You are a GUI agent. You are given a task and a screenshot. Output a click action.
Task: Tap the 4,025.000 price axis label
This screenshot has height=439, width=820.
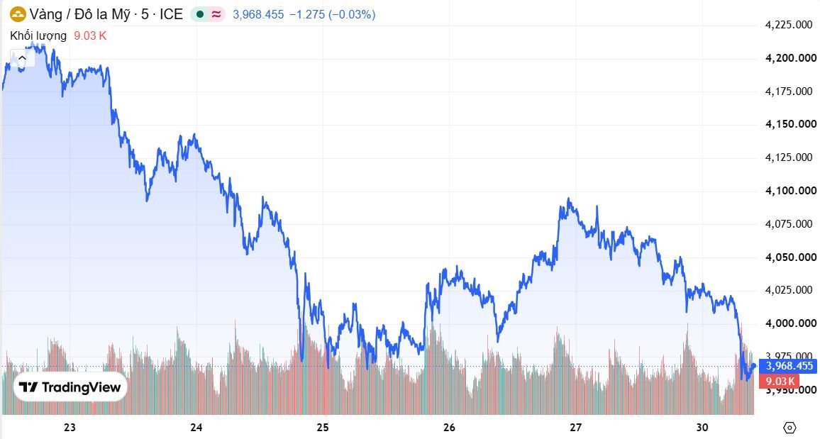pos(789,290)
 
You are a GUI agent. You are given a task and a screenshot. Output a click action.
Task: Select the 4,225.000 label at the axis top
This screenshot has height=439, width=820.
pos(789,25)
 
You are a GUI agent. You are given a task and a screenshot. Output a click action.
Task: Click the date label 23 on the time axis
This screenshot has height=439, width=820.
pos(70,428)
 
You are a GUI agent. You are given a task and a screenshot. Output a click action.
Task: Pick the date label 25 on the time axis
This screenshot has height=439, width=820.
pos(323,428)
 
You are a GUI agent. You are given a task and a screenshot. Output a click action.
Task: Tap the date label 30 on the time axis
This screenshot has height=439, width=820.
pos(702,428)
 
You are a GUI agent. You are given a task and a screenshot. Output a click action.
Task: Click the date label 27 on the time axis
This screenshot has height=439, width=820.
pos(576,428)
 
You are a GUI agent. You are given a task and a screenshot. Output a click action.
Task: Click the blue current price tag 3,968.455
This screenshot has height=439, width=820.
pos(788,366)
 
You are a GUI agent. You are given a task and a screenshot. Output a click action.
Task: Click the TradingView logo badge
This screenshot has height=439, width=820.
pos(70,387)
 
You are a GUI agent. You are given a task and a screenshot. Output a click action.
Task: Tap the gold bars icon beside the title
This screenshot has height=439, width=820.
pos(18,15)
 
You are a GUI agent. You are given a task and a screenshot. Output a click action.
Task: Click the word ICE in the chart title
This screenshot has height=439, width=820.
pos(171,15)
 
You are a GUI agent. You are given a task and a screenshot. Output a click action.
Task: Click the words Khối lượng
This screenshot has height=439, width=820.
pos(38,35)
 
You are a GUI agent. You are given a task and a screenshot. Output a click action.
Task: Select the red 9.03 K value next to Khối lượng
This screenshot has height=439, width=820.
pos(90,35)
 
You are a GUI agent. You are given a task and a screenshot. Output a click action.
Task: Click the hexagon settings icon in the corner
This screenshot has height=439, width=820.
pos(789,428)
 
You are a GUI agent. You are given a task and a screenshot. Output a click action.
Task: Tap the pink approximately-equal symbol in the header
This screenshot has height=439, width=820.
pos(216,15)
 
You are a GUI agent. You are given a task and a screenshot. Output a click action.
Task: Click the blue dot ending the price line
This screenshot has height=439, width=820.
pos(753,366)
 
